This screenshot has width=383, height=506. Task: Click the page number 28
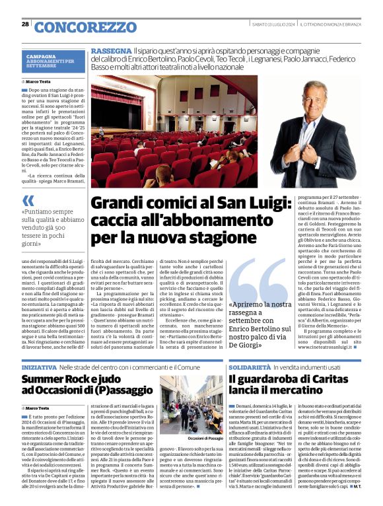point(25,24)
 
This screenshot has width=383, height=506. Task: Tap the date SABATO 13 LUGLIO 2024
point(273,24)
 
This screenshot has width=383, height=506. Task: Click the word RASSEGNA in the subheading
point(111,51)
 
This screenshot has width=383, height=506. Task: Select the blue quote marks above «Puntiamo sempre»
point(28,200)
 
